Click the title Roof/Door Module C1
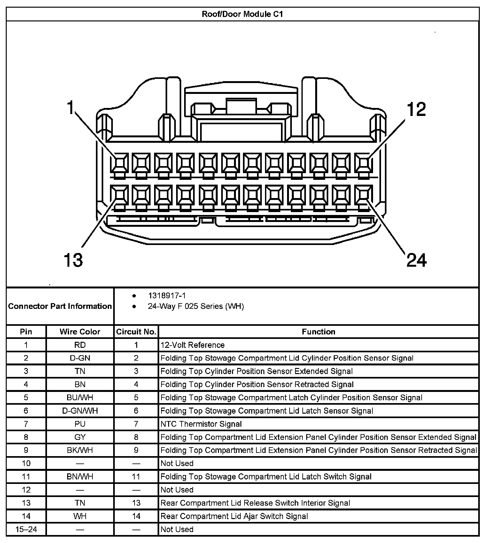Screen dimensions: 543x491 [242, 14]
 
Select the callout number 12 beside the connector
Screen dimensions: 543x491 [416, 109]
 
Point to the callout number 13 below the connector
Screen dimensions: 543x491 [73, 260]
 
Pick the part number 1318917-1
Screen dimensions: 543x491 [167, 296]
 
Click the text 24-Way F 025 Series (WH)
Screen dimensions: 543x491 [196, 306]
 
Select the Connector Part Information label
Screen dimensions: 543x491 [60, 306]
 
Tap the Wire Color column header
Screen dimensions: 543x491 [80, 332]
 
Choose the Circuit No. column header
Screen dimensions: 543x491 [136, 332]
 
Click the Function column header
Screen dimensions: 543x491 [318, 332]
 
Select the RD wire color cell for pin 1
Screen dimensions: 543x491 [80, 345]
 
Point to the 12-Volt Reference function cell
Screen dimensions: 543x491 [192, 345]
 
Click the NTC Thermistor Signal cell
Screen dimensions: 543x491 [201, 424]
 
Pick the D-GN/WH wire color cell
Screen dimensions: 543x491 [80, 411]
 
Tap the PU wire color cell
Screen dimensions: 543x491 [80, 424]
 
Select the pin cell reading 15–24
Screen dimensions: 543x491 [26, 529]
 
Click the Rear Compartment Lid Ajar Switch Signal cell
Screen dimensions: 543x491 [234, 516]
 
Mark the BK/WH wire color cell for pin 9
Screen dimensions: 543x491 [80, 450]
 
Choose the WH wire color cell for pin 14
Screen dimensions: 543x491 [80, 516]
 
